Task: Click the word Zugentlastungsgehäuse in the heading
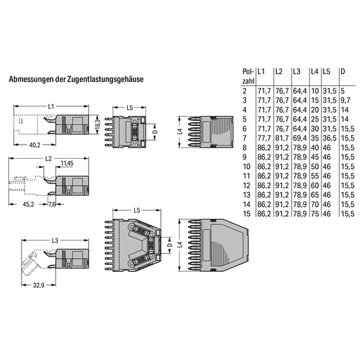(x=105, y=79)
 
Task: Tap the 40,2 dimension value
(x=35, y=145)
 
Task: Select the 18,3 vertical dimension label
(x=98, y=124)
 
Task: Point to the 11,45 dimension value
(x=67, y=164)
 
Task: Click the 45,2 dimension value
(x=28, y=204)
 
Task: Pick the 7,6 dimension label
(x=52, y=204)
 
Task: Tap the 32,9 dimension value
(x=38, y=285)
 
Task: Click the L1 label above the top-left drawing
(x=51, y=106)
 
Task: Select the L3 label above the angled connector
(x=55, y=240)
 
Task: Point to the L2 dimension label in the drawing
(x=48, y=159)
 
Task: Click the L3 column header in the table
(x=296, y=71)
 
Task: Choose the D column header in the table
(x=343, y=71)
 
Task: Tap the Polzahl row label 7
(x=245, y=138)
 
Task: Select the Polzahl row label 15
(x=247, y=214)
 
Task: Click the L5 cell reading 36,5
(x=329, y=138)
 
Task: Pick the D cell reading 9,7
(x=345, y=101)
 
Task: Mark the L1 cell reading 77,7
(x=264, y=138)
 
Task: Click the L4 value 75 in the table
(x=315, y=214)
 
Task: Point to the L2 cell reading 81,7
(x=282, y=138)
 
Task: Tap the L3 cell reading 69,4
(x=300, y=138)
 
